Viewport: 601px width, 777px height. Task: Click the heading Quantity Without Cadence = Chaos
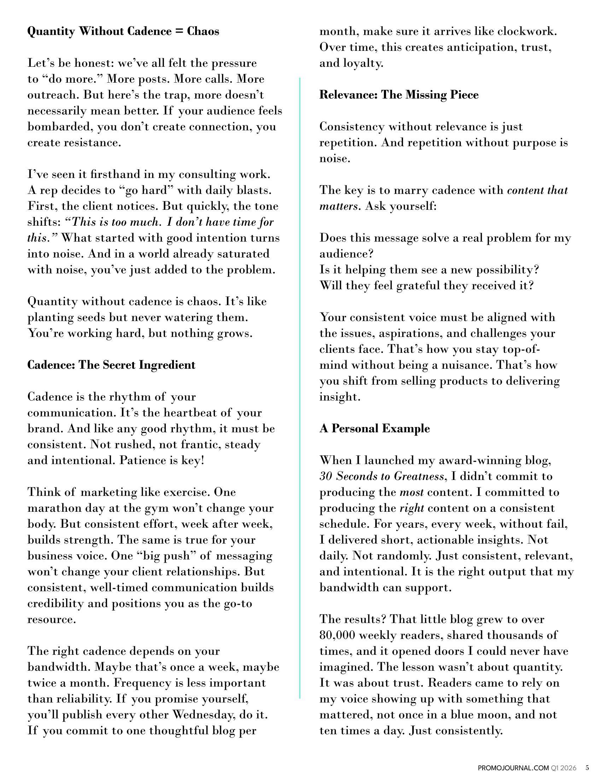pyautogui.click(x=123, y=31)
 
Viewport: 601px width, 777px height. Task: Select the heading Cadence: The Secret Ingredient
pyautogui.click(x=111, y=365)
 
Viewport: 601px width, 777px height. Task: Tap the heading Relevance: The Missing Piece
pyautogui.click(x=399, y=95)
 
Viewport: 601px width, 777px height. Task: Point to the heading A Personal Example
pyautogui.click(x=374, y=428)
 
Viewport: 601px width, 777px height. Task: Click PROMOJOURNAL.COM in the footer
pyautogui.click(x=513, y=768)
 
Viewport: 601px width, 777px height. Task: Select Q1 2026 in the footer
pyautogui.click(x=565, y=768)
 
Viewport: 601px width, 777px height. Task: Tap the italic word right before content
pyautogui.click(x=412, y=508)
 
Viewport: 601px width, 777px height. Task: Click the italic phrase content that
pyautogui.click(x=537, y=190)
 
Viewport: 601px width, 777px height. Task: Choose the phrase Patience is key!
pyautogui.click(x=162, y=460)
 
